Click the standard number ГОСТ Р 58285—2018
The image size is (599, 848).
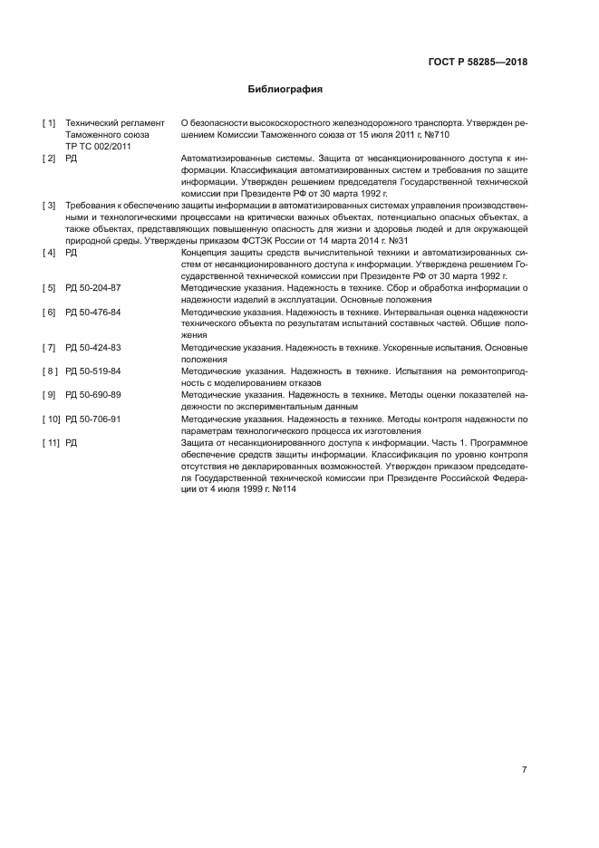click(x=477, y=63)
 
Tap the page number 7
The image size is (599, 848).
click(x=524, y=770)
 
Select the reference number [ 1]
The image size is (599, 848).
click(x=49, y=122)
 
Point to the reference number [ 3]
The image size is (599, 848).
click(x=49, y=206)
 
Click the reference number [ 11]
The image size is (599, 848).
click(x=51, y=442)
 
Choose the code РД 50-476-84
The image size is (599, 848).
click(x=93, y=312)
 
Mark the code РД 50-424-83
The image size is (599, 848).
click(x=93, y=348)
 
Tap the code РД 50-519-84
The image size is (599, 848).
click(x=93, y=371)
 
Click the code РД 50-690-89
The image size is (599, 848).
click(x=93, y=395)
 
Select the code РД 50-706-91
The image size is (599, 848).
click(x=93, y=419)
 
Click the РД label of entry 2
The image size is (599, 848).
click(x=72, y=158)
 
